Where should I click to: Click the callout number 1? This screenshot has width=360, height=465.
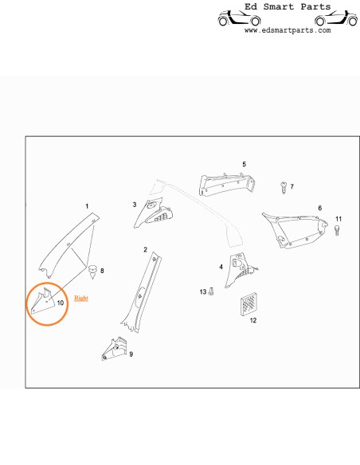pos(87,206)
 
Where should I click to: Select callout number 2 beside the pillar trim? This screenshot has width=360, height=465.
pos(145,250)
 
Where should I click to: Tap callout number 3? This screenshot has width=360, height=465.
pos(135,205)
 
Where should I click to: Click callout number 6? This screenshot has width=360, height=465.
pos(319,208)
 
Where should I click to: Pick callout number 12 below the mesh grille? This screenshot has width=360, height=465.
pos(252,321)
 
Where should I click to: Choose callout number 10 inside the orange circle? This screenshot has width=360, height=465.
pos(61,303)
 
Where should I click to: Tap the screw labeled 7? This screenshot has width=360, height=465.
pos(283,186)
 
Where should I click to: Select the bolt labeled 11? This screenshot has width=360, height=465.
pos(337,231)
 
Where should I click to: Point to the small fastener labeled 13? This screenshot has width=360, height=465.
pos(210,293)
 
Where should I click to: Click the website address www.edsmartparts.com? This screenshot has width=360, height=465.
pos(288,31)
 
